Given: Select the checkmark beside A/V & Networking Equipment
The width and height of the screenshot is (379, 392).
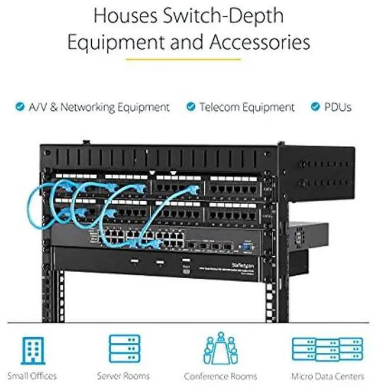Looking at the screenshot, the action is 20,107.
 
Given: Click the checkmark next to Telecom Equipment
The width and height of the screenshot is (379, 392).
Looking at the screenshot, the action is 191,107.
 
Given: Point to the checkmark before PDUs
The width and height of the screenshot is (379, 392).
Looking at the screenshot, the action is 315,107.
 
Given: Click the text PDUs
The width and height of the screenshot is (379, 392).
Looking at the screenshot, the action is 338,107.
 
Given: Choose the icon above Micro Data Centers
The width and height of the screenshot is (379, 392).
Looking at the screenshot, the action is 326,350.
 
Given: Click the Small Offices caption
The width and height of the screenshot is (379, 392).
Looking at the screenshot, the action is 32,376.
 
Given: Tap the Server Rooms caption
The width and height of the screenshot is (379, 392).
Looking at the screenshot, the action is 123,376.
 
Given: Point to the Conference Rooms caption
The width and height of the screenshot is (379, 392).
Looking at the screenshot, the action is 220,376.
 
